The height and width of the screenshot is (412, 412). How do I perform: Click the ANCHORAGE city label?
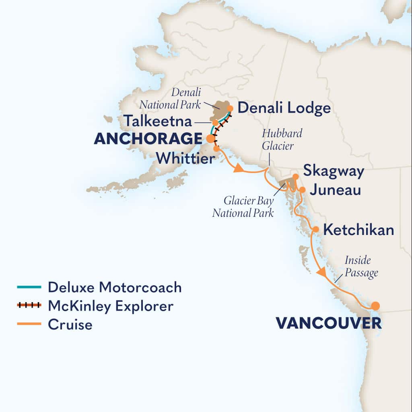tap(147, 139)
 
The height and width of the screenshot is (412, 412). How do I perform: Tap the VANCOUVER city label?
tap(328, 323)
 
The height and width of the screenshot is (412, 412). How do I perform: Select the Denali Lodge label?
tap(284, 108)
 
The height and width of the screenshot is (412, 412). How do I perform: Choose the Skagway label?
tap(334, 171)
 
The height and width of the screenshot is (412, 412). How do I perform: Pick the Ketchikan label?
tap(358, 230)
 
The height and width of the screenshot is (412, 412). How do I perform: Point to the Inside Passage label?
tap(361, 266)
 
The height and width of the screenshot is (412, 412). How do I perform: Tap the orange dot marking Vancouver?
tap(375, 306)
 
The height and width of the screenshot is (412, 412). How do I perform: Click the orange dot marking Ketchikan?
tap(316, 229)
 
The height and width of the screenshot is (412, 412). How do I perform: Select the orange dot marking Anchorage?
tap(210, 139)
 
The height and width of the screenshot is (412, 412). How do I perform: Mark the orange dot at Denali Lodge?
tap(230, 108)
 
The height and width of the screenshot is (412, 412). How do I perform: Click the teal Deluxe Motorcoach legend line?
tap(29, 287)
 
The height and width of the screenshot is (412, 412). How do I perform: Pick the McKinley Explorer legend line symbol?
tap(29, 306)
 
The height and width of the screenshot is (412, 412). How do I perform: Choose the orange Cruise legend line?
tap(29, 324)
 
